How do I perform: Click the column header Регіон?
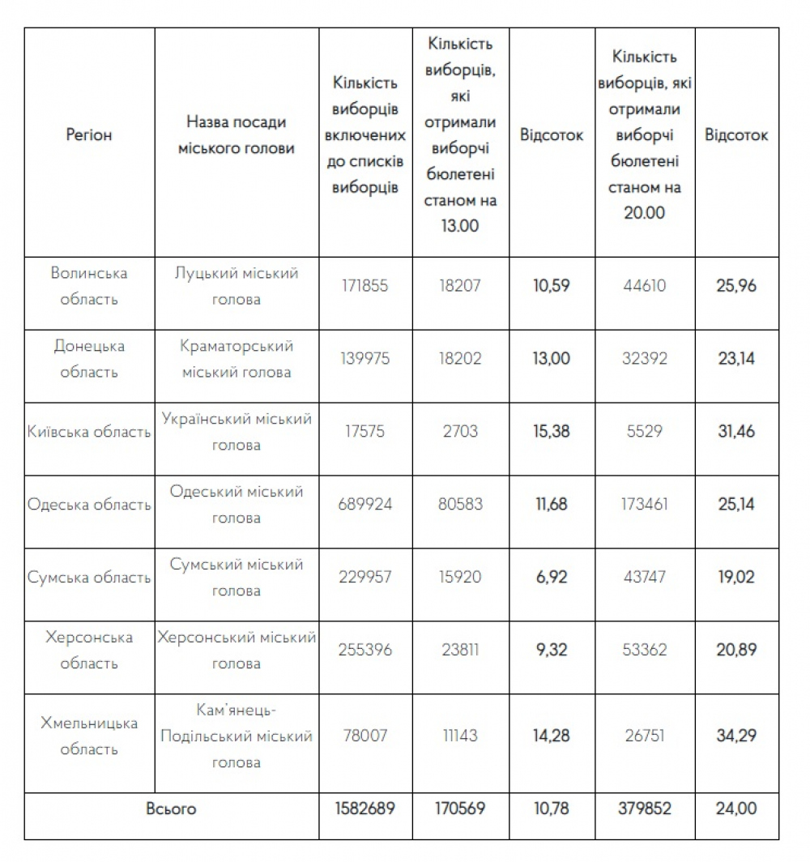(89, 135)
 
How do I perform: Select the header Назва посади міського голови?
(237, 135)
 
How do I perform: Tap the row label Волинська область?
(89, 286)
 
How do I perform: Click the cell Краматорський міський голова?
(237, 359)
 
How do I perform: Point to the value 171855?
(364, 286)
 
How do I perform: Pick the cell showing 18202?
(460, 359)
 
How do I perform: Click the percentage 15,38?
(551, 432)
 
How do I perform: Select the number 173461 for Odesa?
(645, 505)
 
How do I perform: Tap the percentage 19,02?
(735, 578)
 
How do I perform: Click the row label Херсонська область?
(89, 651)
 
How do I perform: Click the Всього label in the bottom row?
(171, 809)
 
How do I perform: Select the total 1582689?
(364, 809)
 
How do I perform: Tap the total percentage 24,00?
(735, 809)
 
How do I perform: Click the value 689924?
(364, 505)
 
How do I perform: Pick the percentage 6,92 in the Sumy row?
(551, 578)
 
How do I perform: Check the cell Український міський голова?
(237, 432)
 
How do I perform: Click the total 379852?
(645, 809)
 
